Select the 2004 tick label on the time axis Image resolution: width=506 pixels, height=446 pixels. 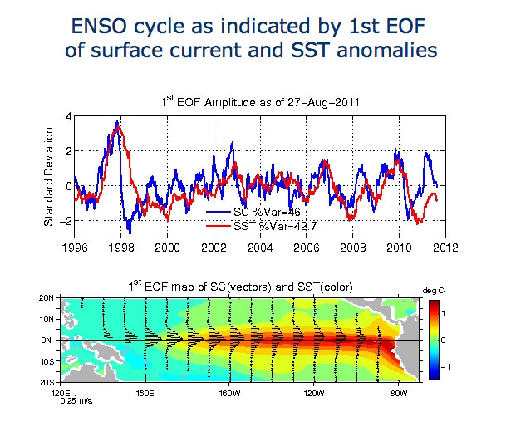pyautogui.click(x=260, y=247)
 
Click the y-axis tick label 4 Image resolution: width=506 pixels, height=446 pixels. pyautogui.click(x=67, y=116)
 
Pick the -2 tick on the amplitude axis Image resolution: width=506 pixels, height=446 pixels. pyautogui.click(x=64, y=220)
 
